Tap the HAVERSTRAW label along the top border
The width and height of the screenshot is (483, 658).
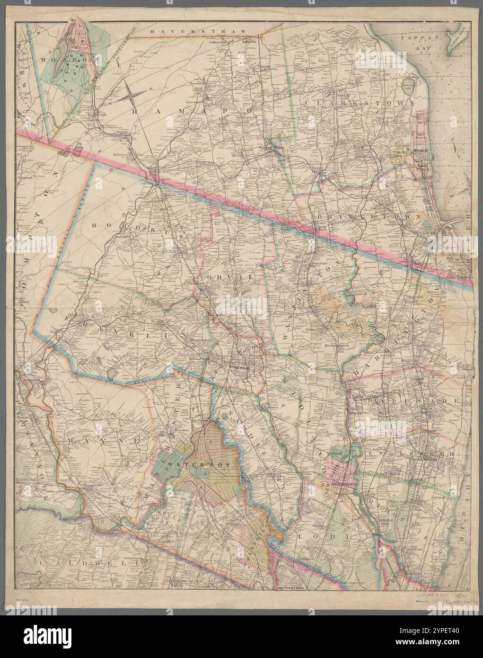tap(199, 31)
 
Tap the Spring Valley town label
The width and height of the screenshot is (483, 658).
tap(273, 147)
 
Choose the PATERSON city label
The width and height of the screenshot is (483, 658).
tap(208, 465)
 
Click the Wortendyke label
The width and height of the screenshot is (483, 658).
tap(202, 340)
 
